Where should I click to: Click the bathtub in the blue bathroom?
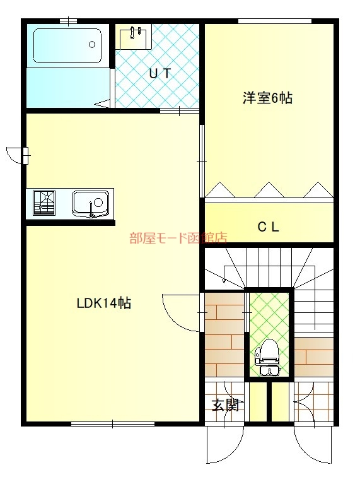pyautogui.click(x=67, y=45)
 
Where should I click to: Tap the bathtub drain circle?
pyautogui.click(x=92, y=45)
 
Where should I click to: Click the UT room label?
pyautogui.click(x=160, y=74)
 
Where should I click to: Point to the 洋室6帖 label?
pyautogui.click(x=268, y=98)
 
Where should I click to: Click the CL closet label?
pyautogui.click(x=268, y=227)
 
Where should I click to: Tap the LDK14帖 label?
pyautogui.click(x=104, y=303)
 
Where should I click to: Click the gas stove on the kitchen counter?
pyautogui.click(x=44, y=203)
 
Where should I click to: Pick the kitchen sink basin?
pyautogui.click(x=90, y=203)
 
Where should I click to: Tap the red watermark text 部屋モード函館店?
pyautogui.click(x=178, y=238)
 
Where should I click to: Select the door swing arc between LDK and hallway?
pyautogui.click(x=177, y=318)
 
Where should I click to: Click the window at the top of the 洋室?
pyautogui.click(x=274, y=21)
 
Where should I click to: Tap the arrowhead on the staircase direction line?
pyautogui.click(x=224, y=280)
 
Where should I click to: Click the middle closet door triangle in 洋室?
pyautogui.click(x=269, y=190)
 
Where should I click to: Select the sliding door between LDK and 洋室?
pyautogui.click(x=202, y=161)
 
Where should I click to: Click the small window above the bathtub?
pyautogui.click(x=68, y=21)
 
